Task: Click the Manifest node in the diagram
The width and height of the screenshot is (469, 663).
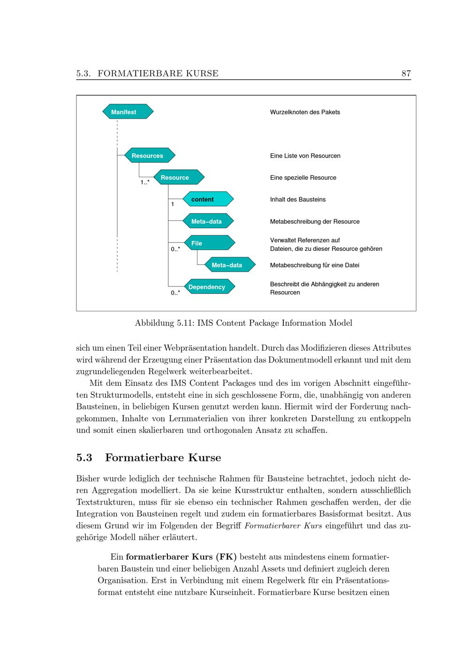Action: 128,112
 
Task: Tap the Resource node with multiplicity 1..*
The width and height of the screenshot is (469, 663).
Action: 179,178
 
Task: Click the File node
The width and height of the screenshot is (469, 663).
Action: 208,243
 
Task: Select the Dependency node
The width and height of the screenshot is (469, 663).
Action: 209,287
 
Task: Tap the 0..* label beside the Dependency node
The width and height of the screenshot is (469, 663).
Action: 175,293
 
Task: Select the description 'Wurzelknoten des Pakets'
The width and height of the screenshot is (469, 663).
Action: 305,112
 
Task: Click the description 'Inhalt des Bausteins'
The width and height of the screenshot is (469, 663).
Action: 298,199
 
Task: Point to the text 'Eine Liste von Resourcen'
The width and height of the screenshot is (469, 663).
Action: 305,156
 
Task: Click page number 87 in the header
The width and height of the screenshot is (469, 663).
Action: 406,73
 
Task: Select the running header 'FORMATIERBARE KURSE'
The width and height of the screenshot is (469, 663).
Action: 158,73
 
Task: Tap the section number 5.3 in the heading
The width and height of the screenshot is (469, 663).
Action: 84,457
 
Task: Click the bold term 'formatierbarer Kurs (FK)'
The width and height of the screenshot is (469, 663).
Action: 182,557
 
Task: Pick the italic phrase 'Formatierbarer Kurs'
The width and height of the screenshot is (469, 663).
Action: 283,525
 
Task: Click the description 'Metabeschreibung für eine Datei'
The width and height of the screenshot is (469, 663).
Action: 315,265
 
